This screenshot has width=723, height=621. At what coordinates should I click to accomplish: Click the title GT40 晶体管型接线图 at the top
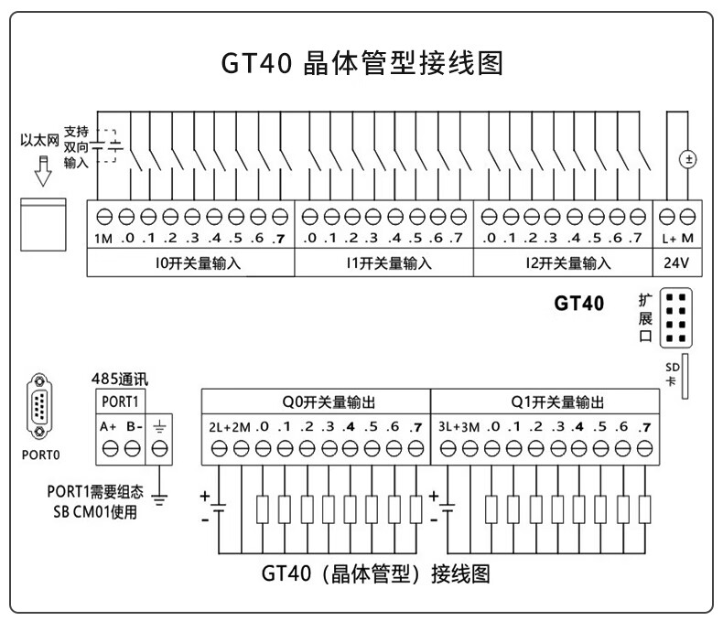[361, 64]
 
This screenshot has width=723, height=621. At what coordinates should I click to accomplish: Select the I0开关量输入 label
[191, 263]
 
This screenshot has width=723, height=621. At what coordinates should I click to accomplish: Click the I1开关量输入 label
[383, 263]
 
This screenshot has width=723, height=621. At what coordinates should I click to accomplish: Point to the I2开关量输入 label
[562, 263]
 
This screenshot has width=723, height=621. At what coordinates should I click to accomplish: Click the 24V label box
[676, 263]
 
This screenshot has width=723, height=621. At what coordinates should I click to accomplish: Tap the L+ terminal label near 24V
[668, 239]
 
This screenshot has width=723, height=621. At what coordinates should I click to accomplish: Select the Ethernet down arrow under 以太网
[38, 169]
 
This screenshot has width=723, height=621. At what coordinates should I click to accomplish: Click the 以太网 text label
[39, 141]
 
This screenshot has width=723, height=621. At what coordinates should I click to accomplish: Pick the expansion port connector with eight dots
[676, 317]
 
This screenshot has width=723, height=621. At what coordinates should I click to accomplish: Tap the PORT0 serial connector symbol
[38, 408]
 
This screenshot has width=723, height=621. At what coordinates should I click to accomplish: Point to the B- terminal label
[133, 426]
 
